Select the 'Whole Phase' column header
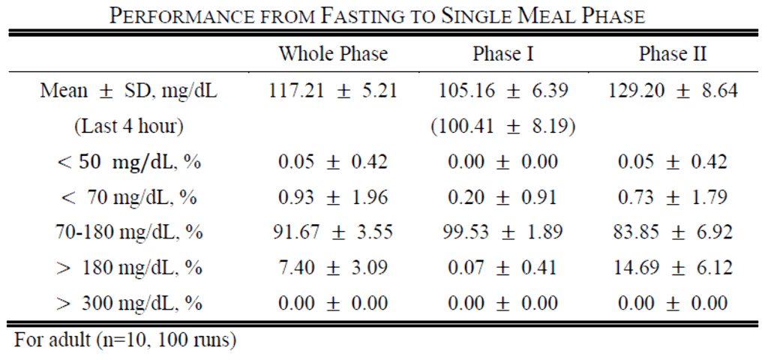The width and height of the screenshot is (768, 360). point(333,55)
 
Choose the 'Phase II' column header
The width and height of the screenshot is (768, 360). point(673,55)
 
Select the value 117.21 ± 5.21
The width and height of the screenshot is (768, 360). point(333,91)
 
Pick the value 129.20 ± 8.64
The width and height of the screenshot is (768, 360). point(673,91)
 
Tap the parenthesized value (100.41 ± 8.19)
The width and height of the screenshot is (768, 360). point(503,127)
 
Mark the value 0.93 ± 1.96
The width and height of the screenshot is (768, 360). point(333,197)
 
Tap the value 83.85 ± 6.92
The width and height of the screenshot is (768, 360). point(673,232)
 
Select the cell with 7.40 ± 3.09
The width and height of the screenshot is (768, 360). point(333,268)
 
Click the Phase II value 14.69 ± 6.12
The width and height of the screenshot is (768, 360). point(673,268)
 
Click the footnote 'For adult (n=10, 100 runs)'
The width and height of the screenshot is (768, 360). point(125,340)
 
